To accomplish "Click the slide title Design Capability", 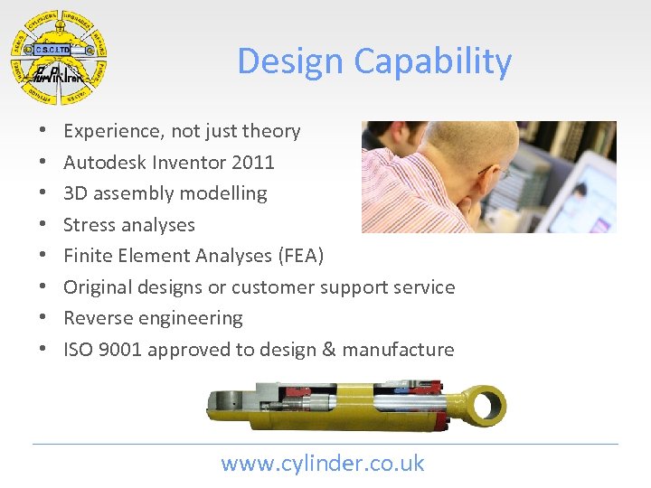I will click(374, 61).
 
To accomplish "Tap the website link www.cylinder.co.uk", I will click(323, 464).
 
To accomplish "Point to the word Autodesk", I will click(101, 163).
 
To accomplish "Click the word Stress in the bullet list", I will click(89, 225).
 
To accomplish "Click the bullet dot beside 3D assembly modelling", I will click(44, 193).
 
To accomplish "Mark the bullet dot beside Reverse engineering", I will click(44, 318).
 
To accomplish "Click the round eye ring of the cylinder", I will click(485, 402).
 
